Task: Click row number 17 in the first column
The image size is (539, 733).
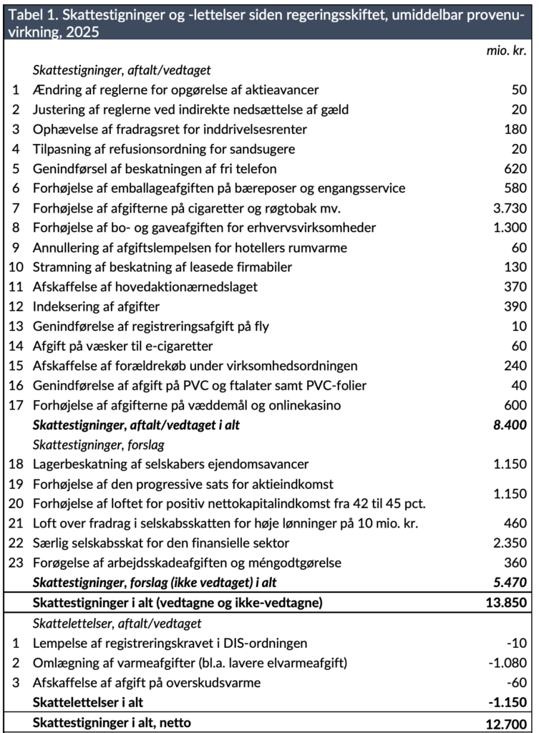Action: (15, 405)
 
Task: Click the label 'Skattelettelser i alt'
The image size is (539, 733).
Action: (91, 702)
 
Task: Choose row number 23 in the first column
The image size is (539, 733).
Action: (15, 563)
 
